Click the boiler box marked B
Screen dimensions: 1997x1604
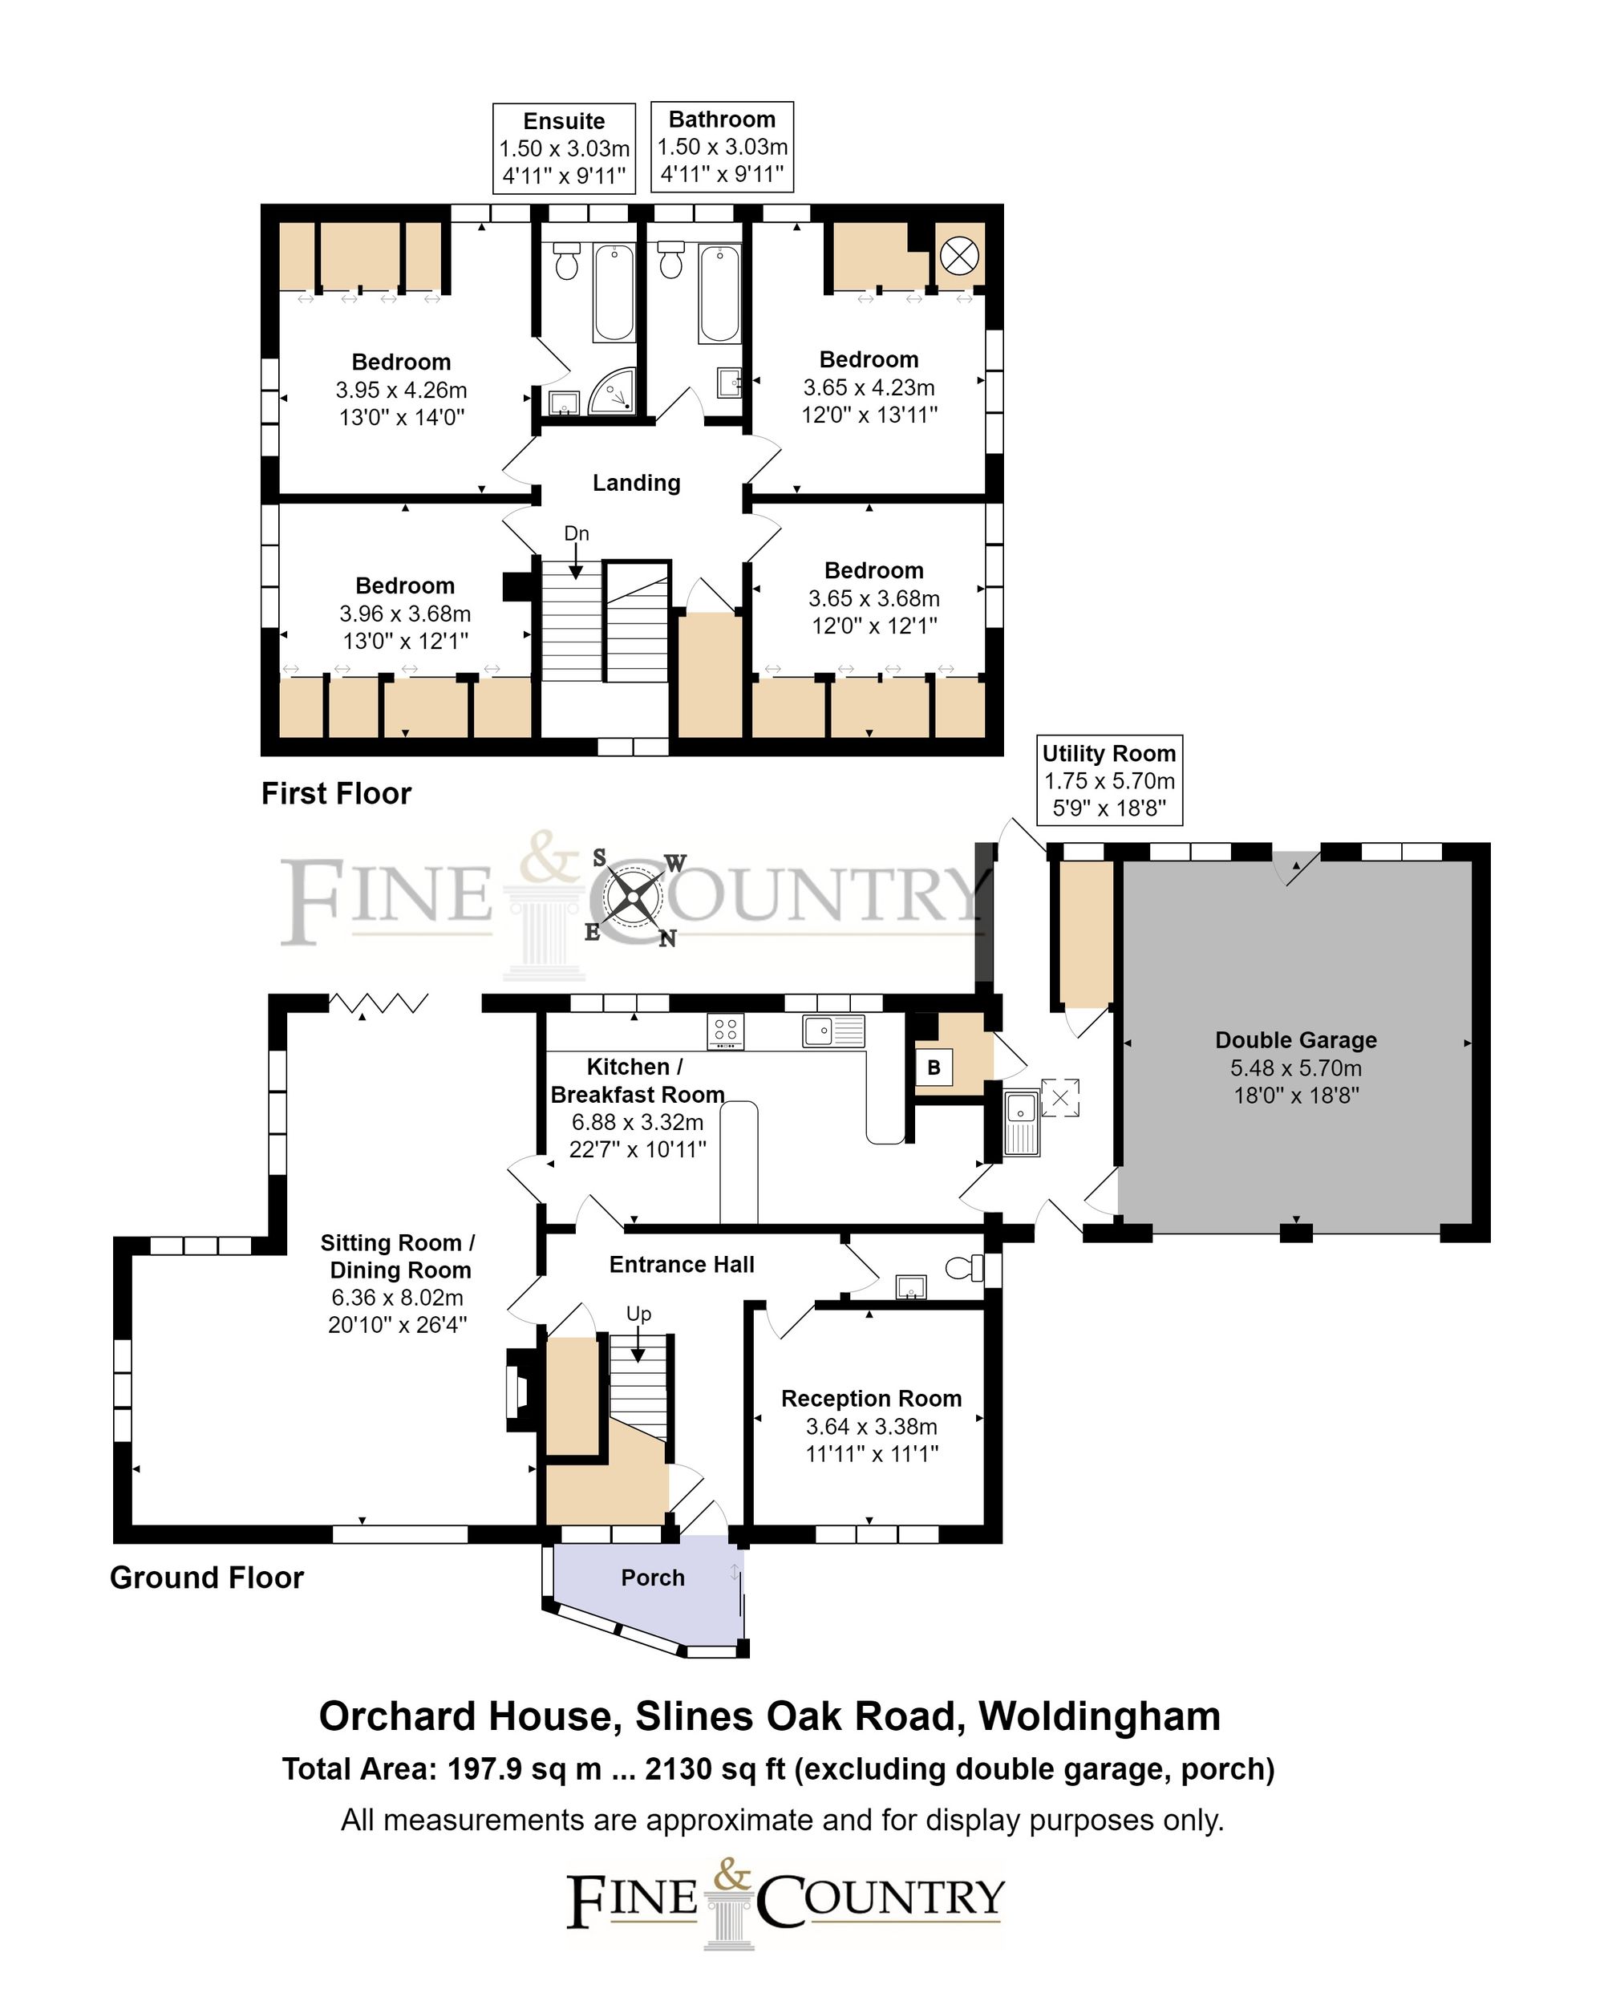934,1067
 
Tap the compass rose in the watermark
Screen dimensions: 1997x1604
634,897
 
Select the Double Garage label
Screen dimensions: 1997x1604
1295,1040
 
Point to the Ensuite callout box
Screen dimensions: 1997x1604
564,148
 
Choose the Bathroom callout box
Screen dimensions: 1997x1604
723,146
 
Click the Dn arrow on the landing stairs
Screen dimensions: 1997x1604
576,561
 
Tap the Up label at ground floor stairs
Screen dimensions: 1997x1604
638,1314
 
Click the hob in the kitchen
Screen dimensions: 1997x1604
725,1031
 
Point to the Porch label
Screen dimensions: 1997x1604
652,1578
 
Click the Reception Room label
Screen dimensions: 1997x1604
870,1399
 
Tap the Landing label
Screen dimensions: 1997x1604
636,483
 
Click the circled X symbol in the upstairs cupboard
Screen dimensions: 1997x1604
958,255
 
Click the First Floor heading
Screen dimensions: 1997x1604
336,794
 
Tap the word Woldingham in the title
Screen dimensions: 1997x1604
1100,1716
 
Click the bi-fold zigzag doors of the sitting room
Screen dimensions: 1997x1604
379,1003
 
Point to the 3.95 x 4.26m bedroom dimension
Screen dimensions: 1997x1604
401,390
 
